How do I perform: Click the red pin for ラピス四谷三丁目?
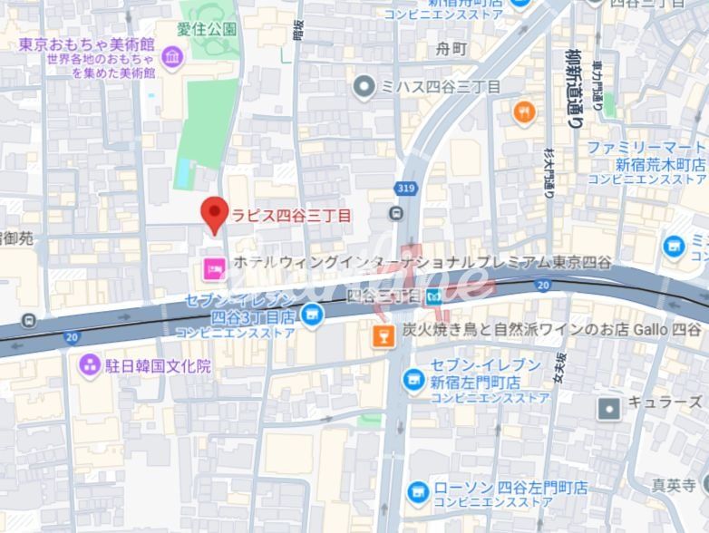[x=214, y=214]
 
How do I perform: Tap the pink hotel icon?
[x=215, y=267]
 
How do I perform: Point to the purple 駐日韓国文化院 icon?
[x=90, y=365]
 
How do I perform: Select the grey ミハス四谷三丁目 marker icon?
[x=364, y=87]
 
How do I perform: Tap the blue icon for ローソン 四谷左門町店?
[x=418, y=490]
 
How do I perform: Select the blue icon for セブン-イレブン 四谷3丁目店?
[x=312, y=315]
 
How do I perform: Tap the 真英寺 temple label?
[x=685, y=485]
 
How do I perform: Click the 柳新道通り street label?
[x=574, y=86]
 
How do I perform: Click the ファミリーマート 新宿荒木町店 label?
[x=646, y=156]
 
